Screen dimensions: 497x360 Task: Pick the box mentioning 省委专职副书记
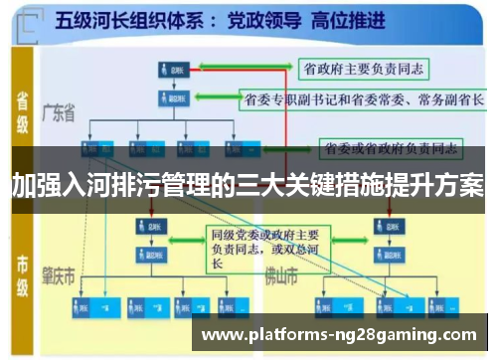[363, 99]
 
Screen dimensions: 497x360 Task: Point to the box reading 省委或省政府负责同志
[394, 149]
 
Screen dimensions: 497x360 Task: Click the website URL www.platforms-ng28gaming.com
[339, 334]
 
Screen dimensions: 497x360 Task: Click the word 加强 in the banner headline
[32, 185]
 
